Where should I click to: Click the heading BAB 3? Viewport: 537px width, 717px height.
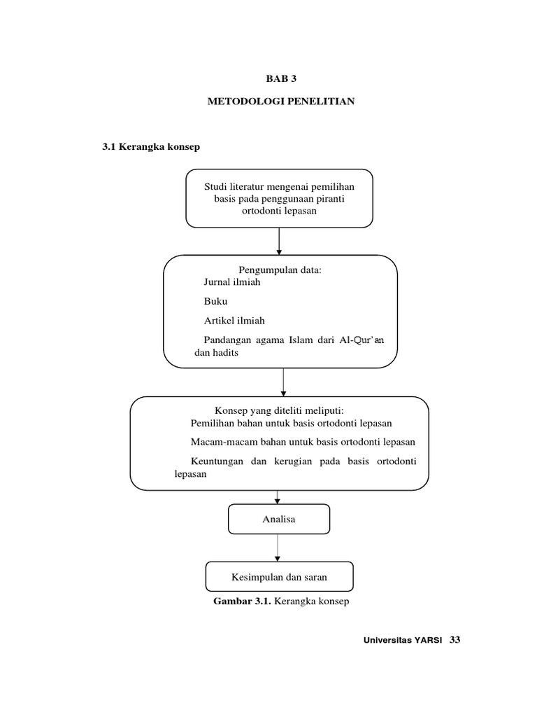pyautogui.click(x=281, y=78)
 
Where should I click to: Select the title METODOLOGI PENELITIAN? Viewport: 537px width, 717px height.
pyautogui.click(x=281, y=102)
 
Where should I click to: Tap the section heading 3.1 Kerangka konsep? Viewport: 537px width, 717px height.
pyautogui.click(x=152, y=146)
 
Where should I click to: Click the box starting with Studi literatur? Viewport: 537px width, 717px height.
pyautogui.click(x=279, y=198)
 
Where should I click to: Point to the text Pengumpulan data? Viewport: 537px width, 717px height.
pyautogui.click(x=280, y=270)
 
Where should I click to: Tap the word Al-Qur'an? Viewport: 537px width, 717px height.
pyautogui.click(x=370, y=340)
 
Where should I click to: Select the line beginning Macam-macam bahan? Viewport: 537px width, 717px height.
pyautogui.click(x=303, y=442)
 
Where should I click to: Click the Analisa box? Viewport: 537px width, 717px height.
pyautogui.click(x=279, y=519)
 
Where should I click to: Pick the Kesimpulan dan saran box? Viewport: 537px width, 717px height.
pyautogui.click(x=279, y=577)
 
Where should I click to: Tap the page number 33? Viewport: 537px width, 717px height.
pyautogui.click(x=456, y=640)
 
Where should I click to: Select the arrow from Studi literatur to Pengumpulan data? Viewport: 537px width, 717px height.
pyautogui.click(x=279, y=241)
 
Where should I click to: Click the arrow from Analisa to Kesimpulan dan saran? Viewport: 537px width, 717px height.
pyautogui.click(x=278, y=548)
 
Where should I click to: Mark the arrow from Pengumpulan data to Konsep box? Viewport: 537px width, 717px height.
pyautogui.click(x=283, y=382)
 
